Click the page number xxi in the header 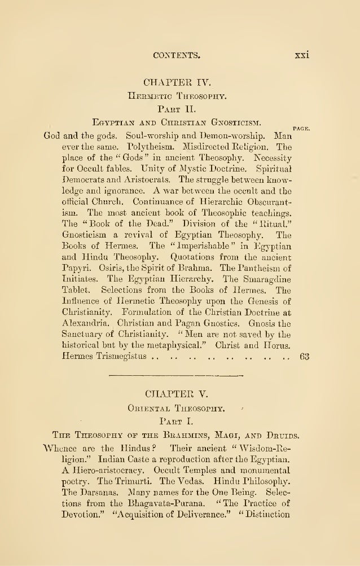(304, 55)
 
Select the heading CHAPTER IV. (179, 87)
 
